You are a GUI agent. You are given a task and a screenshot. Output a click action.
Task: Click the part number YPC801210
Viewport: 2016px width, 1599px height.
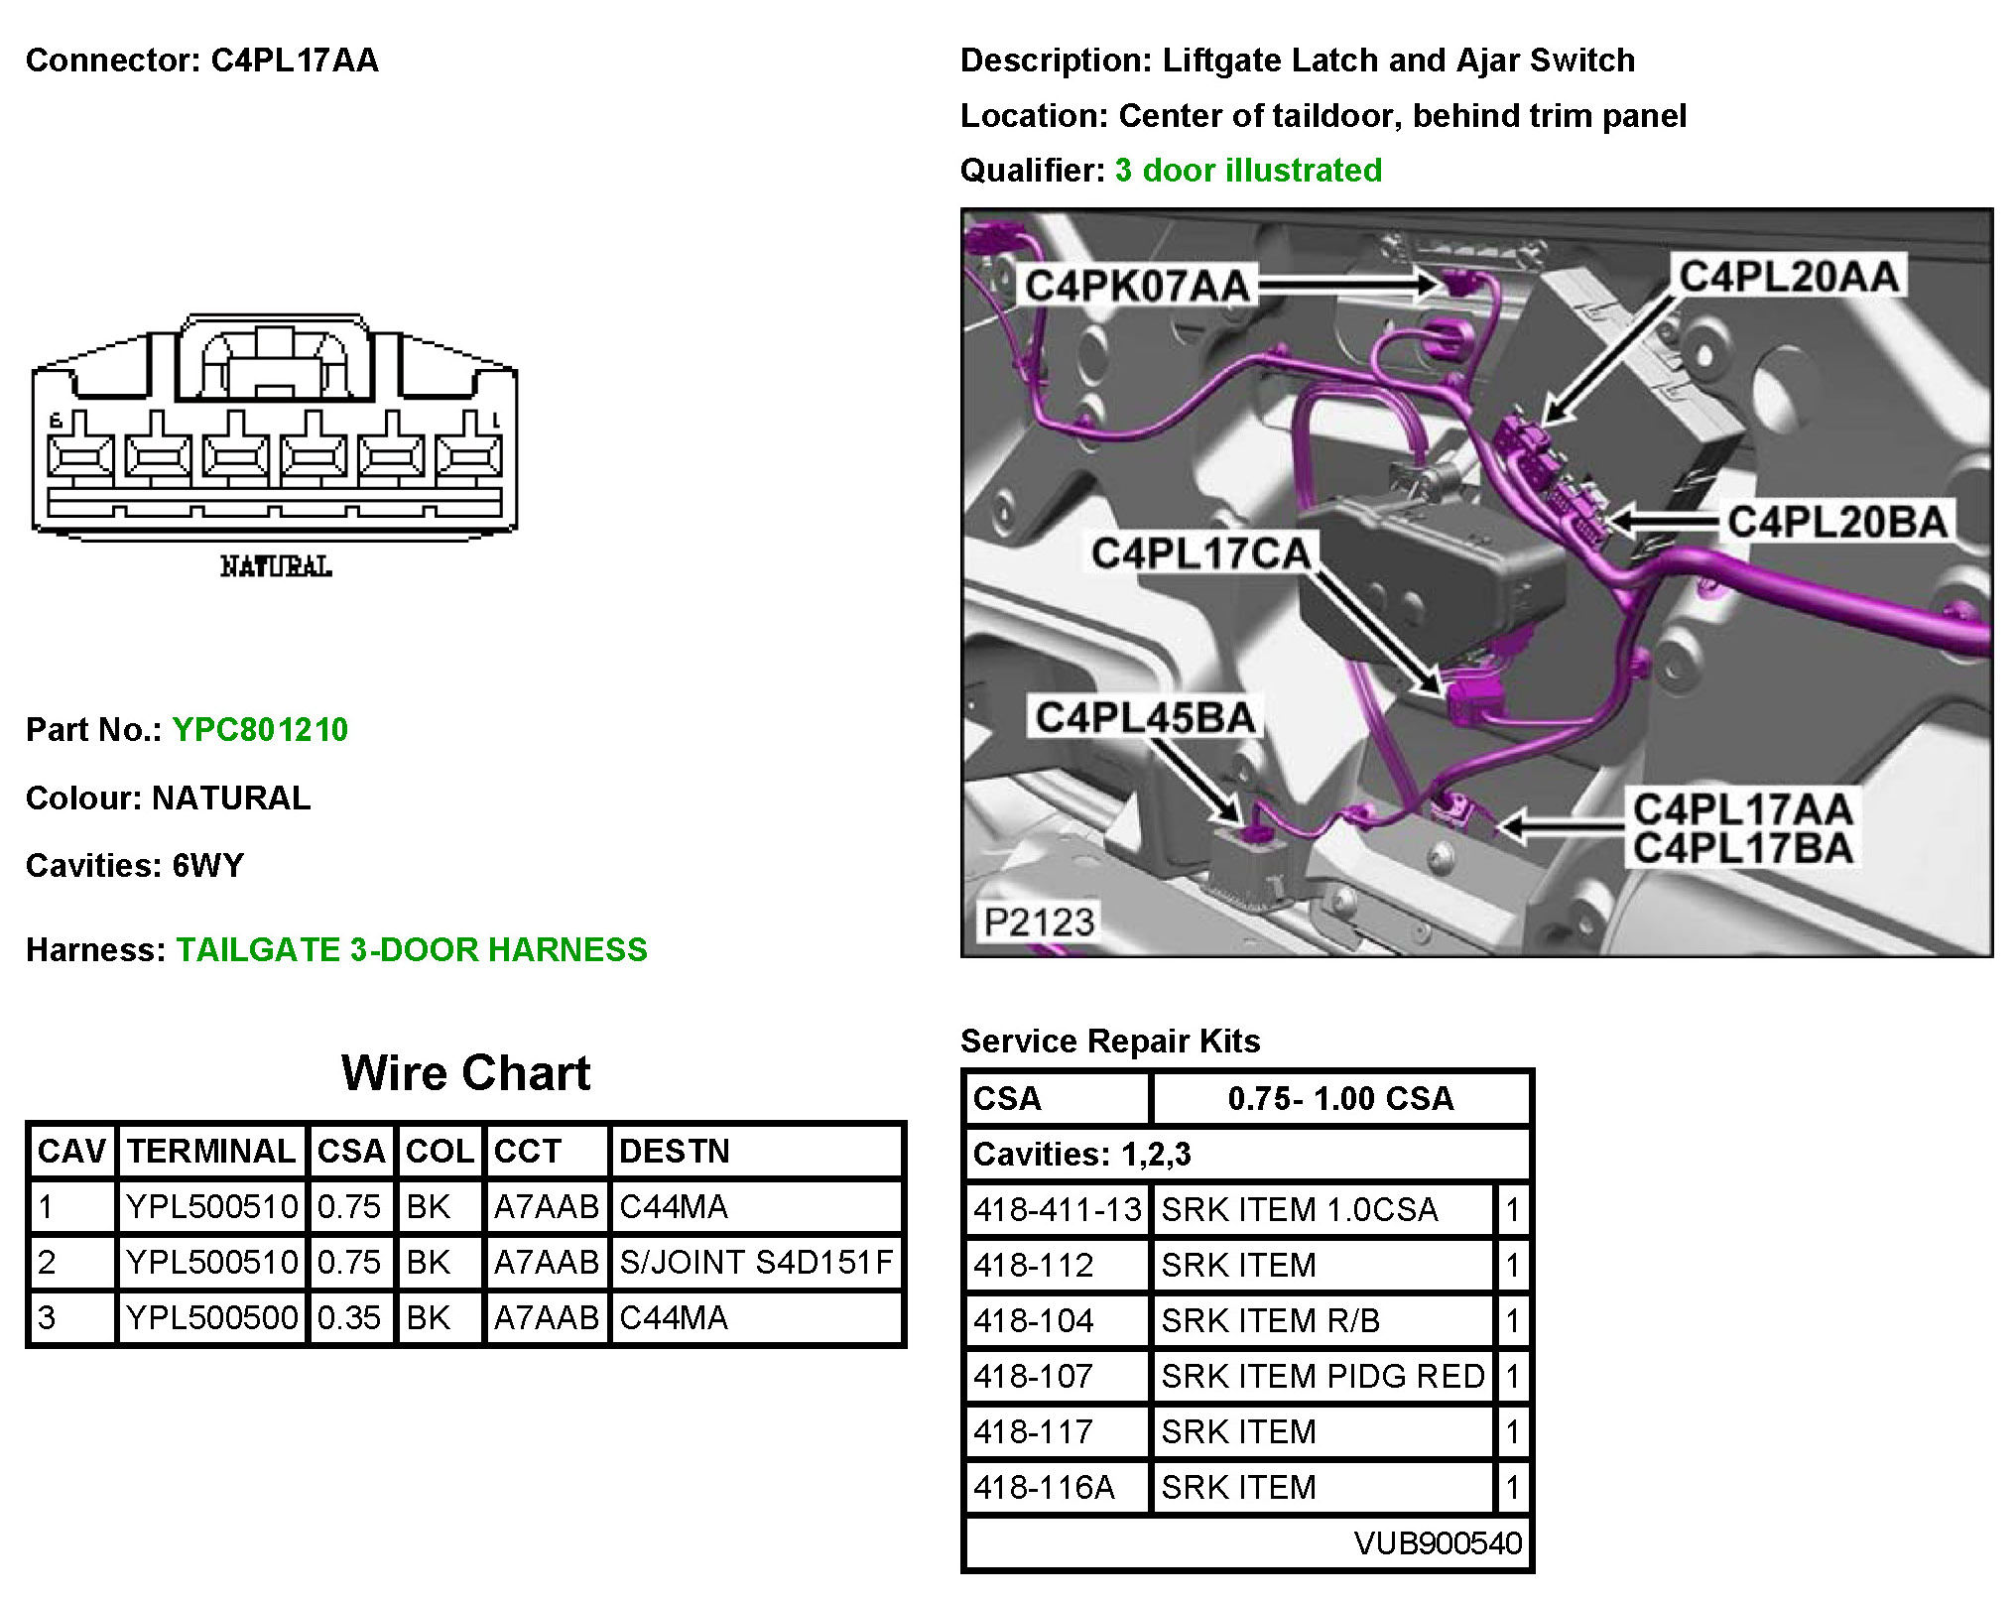[260, 730]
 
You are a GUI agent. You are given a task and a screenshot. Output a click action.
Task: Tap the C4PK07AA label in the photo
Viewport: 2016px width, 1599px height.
[1137, 287]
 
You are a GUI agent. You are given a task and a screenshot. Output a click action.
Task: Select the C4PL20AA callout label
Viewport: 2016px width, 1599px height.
[1789, 277]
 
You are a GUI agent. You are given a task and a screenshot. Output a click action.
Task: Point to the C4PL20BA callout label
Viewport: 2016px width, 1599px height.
[1837, 523]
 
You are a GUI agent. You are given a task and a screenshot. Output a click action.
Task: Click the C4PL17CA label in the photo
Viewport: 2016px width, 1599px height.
[1200, 553]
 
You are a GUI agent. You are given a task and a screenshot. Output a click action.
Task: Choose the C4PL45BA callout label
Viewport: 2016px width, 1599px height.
[1145, 717]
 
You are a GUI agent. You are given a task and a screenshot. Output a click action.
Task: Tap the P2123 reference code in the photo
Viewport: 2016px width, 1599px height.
[1039, 922]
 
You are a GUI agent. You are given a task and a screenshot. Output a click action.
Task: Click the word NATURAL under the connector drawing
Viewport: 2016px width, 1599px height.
[276, 567]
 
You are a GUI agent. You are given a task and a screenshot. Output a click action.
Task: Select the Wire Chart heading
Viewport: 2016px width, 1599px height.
[465, 1073]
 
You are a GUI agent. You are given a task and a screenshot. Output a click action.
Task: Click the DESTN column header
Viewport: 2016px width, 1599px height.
[675, 1151]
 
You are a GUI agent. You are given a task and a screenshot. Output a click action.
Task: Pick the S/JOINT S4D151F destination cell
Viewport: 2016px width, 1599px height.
[756, 1262]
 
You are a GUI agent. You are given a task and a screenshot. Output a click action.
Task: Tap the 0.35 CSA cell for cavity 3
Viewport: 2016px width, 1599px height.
[349, 1317]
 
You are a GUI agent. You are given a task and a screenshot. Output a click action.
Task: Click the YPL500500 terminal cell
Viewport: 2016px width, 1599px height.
[212, 1317]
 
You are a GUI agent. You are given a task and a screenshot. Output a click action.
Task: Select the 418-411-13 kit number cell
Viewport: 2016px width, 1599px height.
[1057, 1210]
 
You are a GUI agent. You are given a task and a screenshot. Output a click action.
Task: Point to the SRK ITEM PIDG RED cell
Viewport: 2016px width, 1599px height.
[1323, 1377]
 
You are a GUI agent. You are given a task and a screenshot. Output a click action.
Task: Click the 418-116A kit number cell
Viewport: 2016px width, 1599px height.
[1045, 1488]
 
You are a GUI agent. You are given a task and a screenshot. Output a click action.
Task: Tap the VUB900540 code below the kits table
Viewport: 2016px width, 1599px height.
[1438, 1543]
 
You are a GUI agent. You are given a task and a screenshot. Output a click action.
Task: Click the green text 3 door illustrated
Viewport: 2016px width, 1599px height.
[1248, 171]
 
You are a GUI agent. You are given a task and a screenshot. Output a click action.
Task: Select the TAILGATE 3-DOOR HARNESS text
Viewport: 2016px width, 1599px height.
[412, 950]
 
